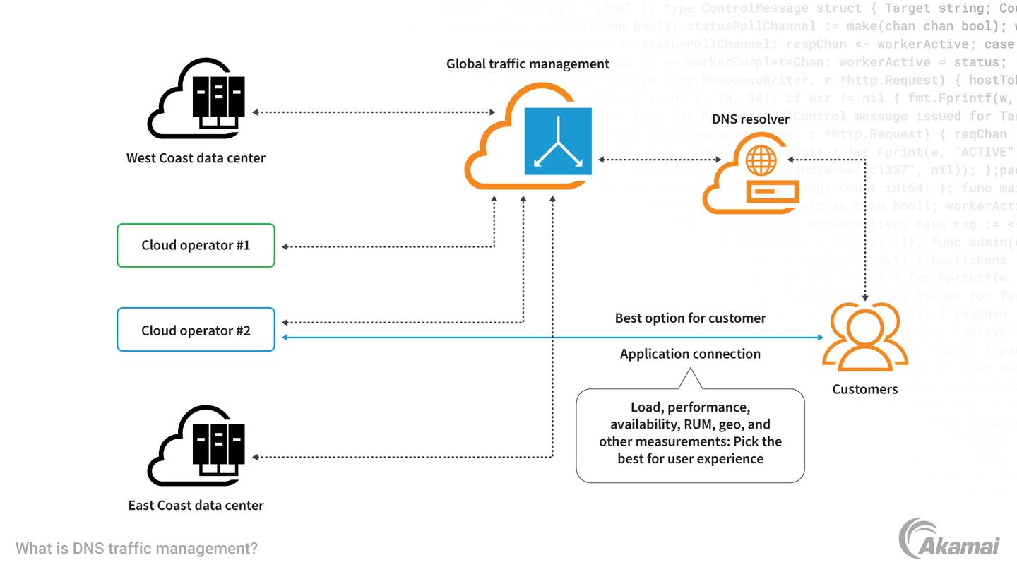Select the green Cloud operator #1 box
196,246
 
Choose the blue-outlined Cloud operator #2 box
196,330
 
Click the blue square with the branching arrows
558,141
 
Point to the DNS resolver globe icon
761,161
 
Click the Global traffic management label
528,64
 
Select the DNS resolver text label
750,119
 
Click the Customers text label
864,389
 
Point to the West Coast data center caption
196,158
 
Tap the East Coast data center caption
196,506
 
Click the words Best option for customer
690,318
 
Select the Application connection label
690,354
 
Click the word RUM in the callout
697,424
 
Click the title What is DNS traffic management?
136,549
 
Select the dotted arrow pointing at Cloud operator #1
388,246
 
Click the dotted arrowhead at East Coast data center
256,458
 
